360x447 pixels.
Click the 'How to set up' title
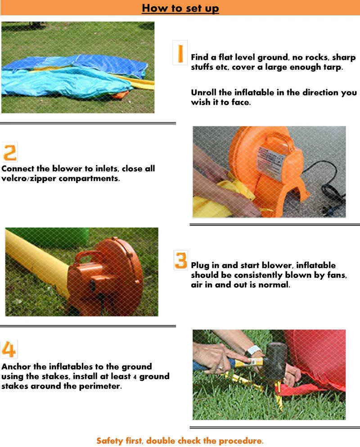180,8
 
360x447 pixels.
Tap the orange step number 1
180,53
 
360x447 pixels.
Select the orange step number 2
10,152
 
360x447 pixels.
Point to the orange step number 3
181,260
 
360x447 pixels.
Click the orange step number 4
9,349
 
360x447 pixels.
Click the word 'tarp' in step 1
333,67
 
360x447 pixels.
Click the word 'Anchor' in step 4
16,367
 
